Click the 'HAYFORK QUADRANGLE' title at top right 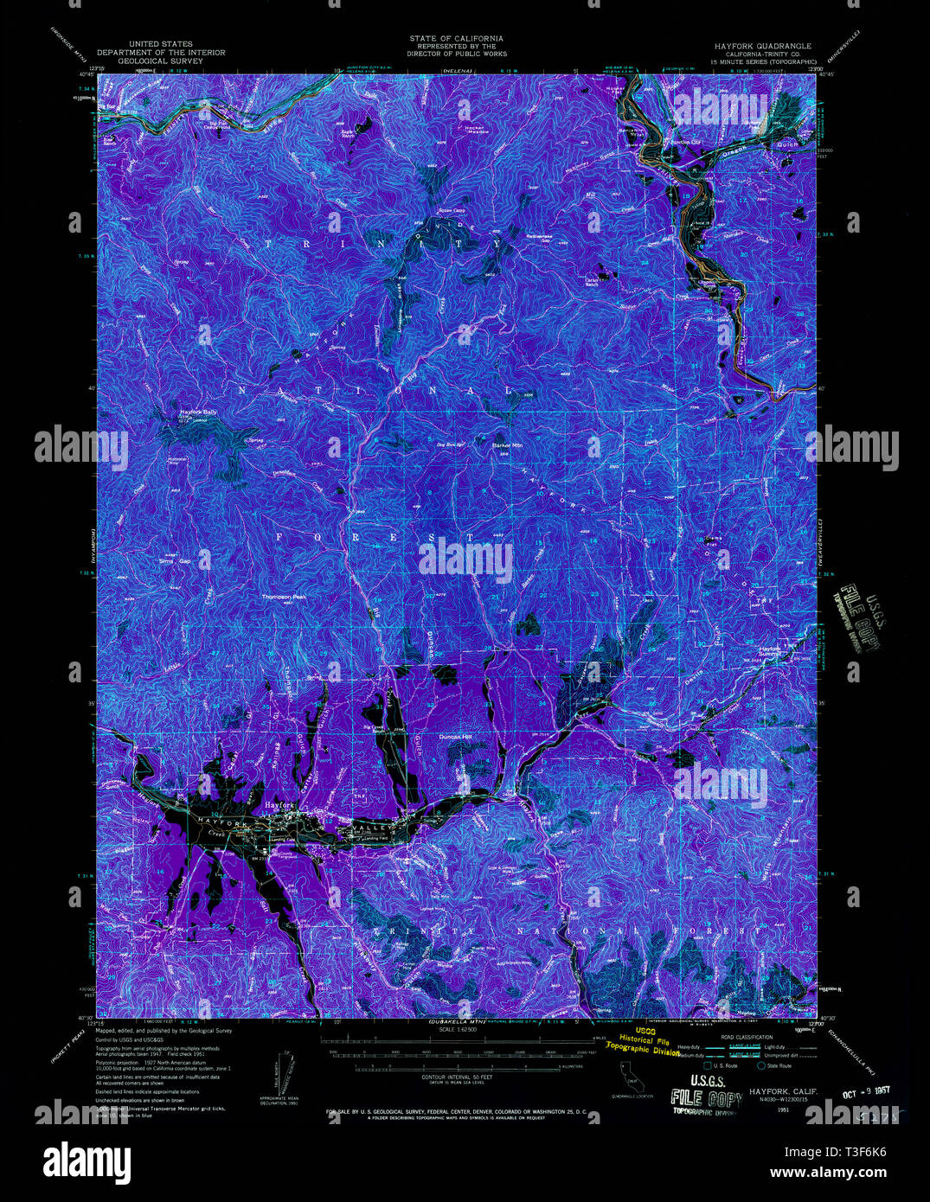(x=762, y=45)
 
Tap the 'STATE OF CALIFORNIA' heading (x=456, y=39)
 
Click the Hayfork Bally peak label (x=198, y=412)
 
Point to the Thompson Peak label (x=285, y=597)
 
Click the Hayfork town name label (x=280, y=804)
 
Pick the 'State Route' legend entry (x=779, y=1066)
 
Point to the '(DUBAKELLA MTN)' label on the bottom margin (x=455, y=1023)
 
